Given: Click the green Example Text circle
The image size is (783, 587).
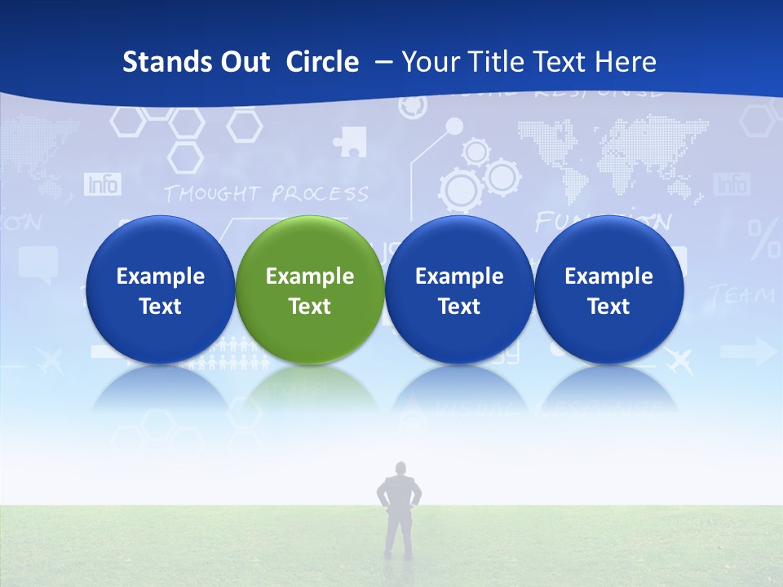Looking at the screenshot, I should pos(309,289).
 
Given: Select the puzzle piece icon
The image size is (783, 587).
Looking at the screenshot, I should pos(350,141).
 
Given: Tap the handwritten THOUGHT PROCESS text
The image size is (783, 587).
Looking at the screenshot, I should pos(266,194).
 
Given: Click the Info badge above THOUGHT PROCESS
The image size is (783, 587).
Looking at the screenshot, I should pos(103,185).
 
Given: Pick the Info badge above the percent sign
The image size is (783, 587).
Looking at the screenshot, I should pos(731,184).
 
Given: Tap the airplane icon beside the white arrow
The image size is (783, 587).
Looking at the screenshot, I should pos(679,360).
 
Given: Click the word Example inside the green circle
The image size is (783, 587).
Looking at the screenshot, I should pos(309,276).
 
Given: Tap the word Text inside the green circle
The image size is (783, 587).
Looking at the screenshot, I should pos(309,307).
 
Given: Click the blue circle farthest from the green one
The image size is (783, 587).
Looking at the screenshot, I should pos(608,289).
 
